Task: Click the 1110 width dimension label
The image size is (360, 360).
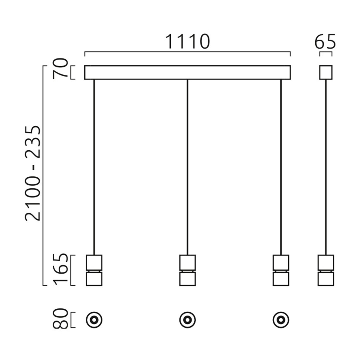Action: tap(187, 41)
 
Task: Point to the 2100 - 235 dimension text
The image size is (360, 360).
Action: tap(32, 173)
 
